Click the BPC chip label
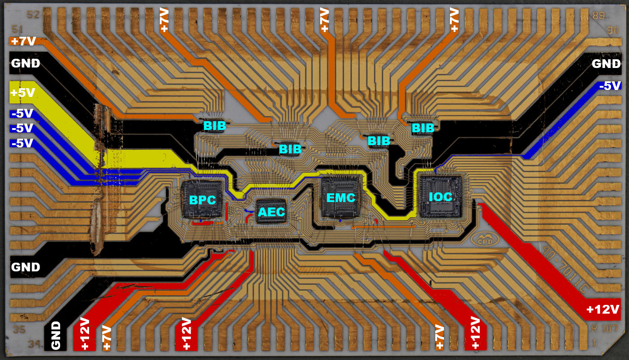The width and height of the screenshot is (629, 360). pos(202,200)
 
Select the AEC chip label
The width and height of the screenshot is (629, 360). pos(271,212)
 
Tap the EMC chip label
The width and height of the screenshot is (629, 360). pos(341,198)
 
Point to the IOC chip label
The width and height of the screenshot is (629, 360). pos(440,197)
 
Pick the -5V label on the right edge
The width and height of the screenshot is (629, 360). pos(610,86)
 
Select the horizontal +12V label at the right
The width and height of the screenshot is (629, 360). pos(603,309)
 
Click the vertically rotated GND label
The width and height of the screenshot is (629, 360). pos(56,336)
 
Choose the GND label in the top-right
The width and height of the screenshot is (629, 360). pos(606,64)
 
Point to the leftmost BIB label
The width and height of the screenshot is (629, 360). pos(214,126)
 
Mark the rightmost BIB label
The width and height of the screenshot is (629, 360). pos(423,128)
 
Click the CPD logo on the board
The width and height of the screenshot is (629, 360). pos(481,240)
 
